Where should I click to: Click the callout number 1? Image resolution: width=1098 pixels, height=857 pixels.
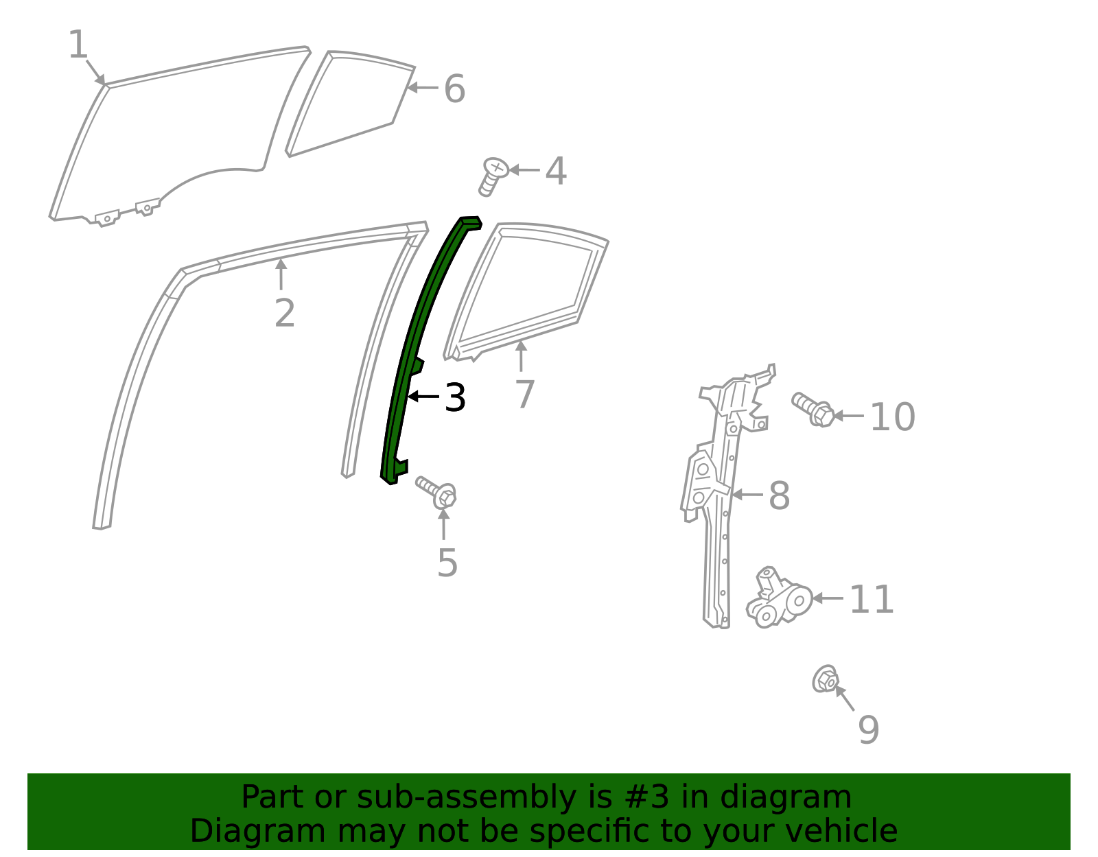point(78,45)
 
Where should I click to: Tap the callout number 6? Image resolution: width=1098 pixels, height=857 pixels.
point(454,89)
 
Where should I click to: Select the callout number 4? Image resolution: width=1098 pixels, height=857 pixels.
point(556,171)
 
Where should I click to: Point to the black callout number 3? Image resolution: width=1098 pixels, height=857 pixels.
point(455,397)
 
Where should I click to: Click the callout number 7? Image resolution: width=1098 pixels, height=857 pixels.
point(524,395)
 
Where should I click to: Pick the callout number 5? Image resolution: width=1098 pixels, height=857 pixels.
point(447,563)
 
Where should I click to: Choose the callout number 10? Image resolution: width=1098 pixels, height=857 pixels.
point(892,417)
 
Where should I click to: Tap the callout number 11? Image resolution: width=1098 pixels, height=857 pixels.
point(872,600)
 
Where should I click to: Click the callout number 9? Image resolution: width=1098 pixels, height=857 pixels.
point(868,729)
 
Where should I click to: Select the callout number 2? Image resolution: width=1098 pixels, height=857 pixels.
point(284,314)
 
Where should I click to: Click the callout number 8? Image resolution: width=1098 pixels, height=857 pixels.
point(779,495)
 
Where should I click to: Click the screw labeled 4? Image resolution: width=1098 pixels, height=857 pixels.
point(493,176)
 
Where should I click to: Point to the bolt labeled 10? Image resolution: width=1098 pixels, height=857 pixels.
point(813,409)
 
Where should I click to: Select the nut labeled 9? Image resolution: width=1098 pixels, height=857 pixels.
point(825,679)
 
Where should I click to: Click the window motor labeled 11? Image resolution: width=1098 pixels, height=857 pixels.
point(779,598)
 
